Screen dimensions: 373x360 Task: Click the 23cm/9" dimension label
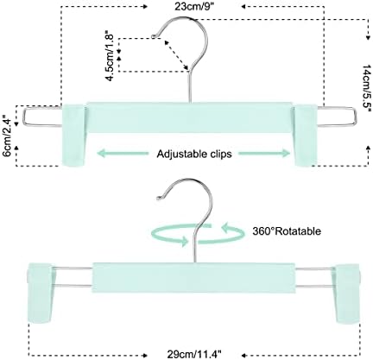[195, 6]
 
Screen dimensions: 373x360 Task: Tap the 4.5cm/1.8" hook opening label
[110, 55]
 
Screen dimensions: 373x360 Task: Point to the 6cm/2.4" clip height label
[7, 136]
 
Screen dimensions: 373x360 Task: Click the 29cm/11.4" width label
[194, 354]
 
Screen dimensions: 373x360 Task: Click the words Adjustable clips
[194, 154]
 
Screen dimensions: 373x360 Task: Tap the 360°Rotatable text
[287, 231]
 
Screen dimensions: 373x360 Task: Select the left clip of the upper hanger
[74, 135]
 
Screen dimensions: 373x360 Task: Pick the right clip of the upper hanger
[306, 135]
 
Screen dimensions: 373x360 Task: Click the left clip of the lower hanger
[40, 293]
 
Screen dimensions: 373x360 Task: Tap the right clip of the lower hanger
[346, 293]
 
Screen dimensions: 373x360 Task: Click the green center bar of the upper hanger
[189, 117]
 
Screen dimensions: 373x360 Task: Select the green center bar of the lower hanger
[193, 277]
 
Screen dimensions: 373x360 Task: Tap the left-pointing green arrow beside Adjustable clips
[123, 154]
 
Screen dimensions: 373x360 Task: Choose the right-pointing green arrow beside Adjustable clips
[264, 154]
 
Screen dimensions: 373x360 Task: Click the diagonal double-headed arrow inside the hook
[176, 54]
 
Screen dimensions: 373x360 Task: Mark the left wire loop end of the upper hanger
[24, 117]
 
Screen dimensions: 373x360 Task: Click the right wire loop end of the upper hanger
[356, 117]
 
